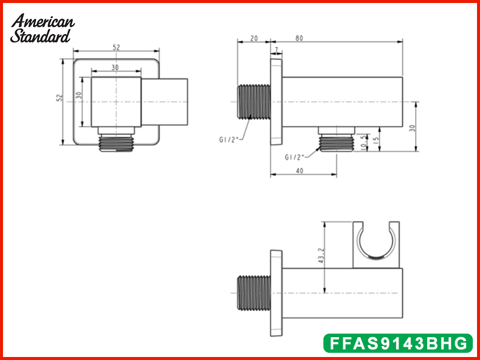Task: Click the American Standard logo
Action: (43, 28)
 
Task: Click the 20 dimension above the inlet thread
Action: (254, 38)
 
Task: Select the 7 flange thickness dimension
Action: (276, 50)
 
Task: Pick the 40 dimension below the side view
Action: (299, 170)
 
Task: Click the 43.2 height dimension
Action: (321, 257)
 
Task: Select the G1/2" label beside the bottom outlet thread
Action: (295, 157)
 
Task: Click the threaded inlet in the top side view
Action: (254, 101)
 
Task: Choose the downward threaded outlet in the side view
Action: (335, 141)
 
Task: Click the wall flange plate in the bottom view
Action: (276, 292)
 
